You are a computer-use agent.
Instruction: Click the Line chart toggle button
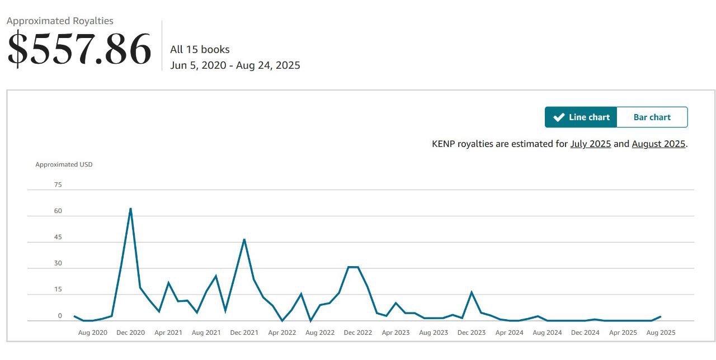point(581,117)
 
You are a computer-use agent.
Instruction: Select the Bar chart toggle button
point(652,117)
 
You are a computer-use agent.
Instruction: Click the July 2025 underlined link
point(590,144)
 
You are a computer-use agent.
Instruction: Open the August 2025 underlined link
point(658,144)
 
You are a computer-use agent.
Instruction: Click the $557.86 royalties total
point(79,49)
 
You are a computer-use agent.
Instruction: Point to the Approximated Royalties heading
point(60,21)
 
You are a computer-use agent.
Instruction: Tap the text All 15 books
point(200,49)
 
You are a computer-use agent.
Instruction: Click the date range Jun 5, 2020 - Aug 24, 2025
point(235,65)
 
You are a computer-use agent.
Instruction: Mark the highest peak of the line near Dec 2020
point(130,209)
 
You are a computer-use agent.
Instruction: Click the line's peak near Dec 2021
point(244,239)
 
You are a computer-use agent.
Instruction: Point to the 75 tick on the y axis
point(58,184)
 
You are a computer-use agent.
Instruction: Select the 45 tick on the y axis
point(58,237)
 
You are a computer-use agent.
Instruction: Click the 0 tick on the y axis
point(60,316)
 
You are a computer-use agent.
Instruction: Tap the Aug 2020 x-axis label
point(92,333)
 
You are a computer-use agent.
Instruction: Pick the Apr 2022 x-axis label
point(282,333)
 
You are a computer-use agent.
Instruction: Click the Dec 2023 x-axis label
point(472,333)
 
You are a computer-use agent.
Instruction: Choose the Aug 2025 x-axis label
point(661,333)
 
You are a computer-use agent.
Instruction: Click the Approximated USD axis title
point(64,164)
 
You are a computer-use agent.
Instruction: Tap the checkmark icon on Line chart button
point(558,117)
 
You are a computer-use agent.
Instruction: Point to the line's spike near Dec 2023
point(472,292)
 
